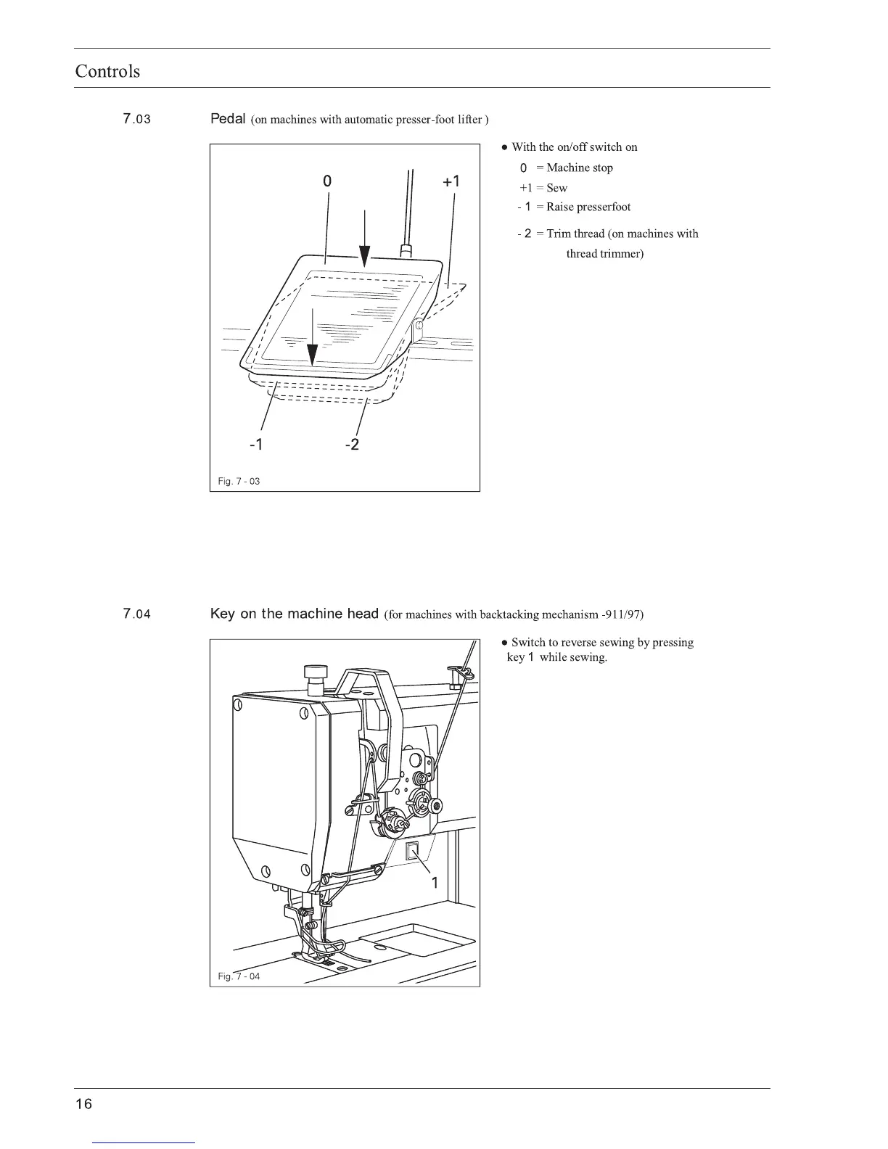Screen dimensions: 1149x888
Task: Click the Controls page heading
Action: tap(107, 71)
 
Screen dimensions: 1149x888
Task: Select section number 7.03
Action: tap(136, 119)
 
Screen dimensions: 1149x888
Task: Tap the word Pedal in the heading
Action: tap(228, 119)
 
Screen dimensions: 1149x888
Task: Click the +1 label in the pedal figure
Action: tap(451, 181)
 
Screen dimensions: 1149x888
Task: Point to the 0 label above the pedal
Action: tap(327, 181)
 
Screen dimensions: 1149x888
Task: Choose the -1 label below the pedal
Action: tap(255, 445)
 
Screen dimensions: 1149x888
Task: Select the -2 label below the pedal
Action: tap(351, 445)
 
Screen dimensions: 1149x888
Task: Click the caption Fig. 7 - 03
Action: tap(239, 482)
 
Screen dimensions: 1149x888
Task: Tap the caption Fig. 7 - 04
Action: tap(239, 976)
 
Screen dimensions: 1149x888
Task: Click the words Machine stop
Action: tap(580, 168)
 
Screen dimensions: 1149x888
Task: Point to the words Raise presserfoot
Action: tap(588, 207)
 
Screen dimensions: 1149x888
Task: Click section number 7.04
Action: tap(136, 614)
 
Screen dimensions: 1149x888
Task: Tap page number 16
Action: tap(84, 1104)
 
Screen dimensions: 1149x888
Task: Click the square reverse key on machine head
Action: tap(411, 852)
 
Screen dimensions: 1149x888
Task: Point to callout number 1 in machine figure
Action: tap(435, 883)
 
